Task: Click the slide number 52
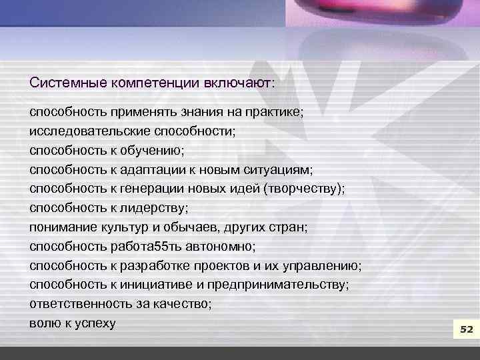tap(466, 330)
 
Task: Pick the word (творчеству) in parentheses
tap(304, 189)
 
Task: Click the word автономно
tap(223, 247)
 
